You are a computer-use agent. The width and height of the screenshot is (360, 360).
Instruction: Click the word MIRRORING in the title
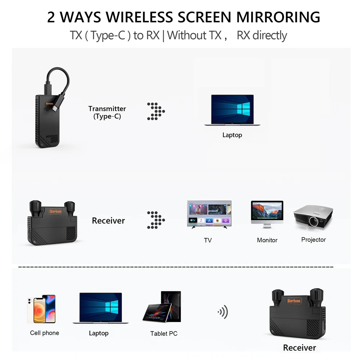pos(278,17)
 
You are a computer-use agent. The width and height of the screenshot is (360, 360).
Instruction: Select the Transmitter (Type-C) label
pos(107,112)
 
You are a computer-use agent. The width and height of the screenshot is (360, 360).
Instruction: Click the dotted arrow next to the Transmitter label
pos(156,111)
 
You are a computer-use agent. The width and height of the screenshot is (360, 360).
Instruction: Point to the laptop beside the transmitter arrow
pos(232,110)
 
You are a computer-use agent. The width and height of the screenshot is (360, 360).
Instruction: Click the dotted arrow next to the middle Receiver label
pos(156,220)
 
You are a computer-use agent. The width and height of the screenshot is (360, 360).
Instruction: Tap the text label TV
pos(208,240)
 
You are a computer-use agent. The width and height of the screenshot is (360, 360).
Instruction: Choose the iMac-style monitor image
pos(267,215)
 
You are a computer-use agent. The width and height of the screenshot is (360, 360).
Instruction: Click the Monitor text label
pos(267,240)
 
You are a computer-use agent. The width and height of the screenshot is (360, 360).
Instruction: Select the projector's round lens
pos(314,221)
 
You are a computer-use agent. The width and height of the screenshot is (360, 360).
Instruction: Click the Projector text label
pos(314,240)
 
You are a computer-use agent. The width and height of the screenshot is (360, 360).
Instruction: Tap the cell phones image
pos(41,309)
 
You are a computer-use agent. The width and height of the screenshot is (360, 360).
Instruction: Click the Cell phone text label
pos(45,333)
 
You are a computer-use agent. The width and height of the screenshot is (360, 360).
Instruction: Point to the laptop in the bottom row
pos(100,308)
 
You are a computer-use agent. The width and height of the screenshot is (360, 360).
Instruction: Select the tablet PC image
pos(162,307)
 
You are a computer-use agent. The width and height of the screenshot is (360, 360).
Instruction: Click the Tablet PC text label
pos(164,333)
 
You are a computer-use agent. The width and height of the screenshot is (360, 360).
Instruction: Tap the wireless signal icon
pos(223,312)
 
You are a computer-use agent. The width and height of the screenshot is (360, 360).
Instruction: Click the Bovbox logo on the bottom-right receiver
pos(294,301)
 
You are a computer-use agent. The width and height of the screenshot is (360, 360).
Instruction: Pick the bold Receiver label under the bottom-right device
pos(300,348)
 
